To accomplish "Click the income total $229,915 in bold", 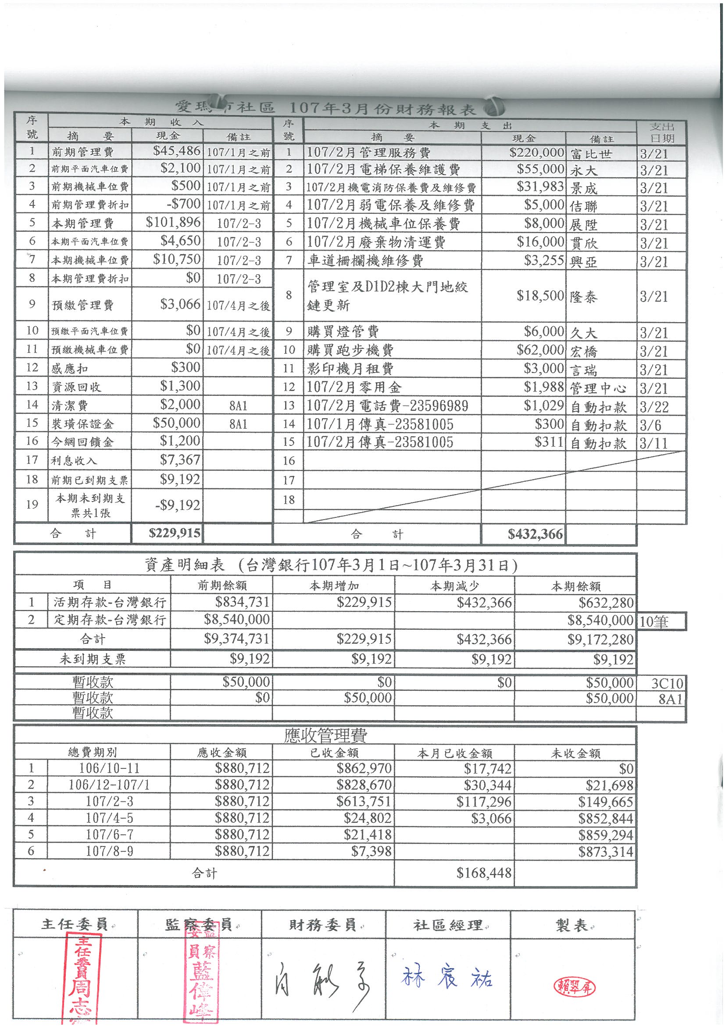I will [174, 533].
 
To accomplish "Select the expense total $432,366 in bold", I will [535, 534].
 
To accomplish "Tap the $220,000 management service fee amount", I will [536, 153].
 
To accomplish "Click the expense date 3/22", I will [654, 407].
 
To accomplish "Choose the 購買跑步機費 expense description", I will [351, 350].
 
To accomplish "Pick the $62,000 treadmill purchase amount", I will [540, 349].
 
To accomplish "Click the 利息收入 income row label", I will [74, 460].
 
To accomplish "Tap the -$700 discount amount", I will [183, 204].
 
